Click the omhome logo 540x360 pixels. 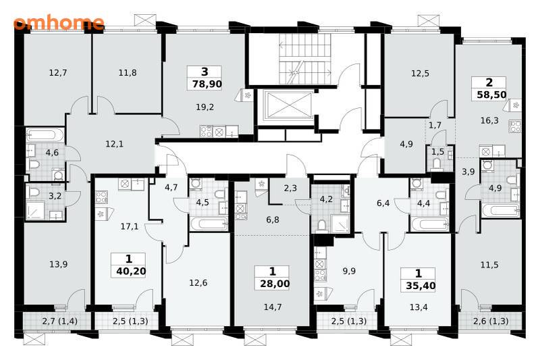(x=59, y=23)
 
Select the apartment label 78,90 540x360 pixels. (x=207, y=84)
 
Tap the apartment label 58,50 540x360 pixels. (x=491, y=95)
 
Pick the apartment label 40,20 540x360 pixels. (x=131, y=272)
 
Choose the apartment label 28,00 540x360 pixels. (x=275, y=284)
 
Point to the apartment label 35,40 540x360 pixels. (x=421, y=286)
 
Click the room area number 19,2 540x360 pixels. (x=205, y=107)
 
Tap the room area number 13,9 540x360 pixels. (x=58, y=265)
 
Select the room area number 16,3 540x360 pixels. (x=489, y=121)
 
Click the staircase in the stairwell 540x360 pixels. (x=304, y=59)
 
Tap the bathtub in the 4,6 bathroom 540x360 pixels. (x=45, y=135)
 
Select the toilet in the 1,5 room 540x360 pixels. (x=436, y=165)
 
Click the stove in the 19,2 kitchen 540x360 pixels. (x=206, y=131)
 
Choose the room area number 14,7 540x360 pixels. (x=273, y=307)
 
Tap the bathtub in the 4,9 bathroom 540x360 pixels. (x=500, y=211)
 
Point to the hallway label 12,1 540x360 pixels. (x=114, y=144)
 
